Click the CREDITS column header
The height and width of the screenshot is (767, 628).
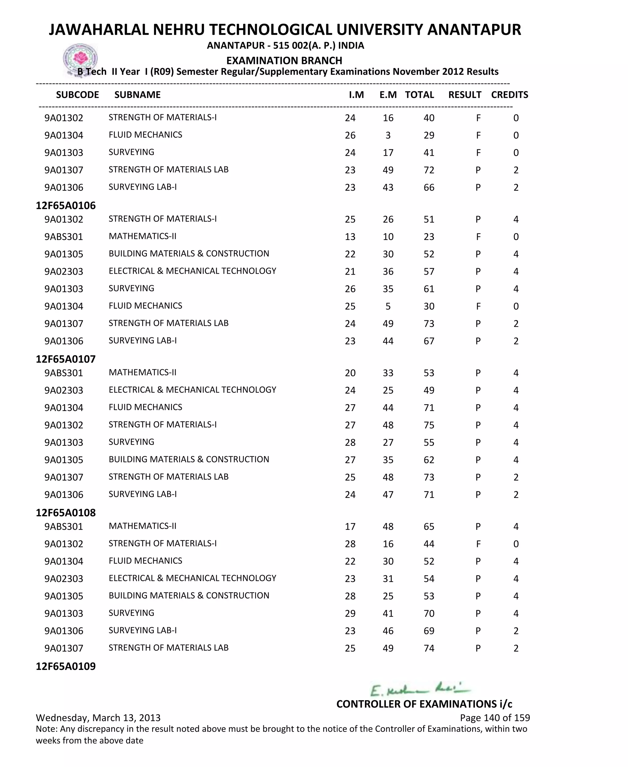pos(509,95)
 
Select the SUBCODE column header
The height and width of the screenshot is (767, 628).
pos(77,95)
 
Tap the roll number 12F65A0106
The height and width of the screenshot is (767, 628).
pos(66,205)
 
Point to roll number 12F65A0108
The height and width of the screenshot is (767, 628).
pos(66,513)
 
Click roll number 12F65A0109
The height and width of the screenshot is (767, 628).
pos(66,666)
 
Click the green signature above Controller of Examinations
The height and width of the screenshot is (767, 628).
pos(419,689)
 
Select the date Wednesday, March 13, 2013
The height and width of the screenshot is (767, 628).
pos(98,717)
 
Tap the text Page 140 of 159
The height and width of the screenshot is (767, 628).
pos(495,717)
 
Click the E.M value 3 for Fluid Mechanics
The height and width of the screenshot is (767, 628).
pos(388,135)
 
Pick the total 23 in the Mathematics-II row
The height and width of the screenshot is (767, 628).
pos(429,237)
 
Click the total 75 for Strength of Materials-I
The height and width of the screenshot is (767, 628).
pos(429,425)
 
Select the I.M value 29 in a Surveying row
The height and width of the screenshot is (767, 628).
pos(350,613)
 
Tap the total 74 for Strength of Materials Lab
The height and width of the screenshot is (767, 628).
pos(429,648)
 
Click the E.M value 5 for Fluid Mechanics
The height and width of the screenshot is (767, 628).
pos(388,306)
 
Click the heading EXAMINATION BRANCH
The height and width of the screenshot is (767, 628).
pos(284,60)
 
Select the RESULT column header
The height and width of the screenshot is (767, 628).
pos(465,95)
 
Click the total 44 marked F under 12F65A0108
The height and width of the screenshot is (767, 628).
pos(429,544)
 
